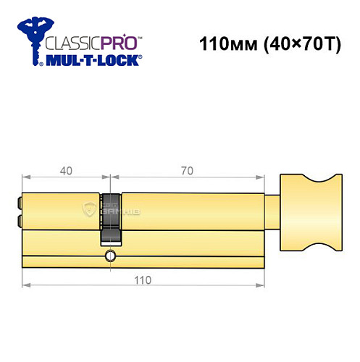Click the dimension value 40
pyautogui.click(x=65, y=172)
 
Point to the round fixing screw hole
pyautogui.click(x=110, y=255)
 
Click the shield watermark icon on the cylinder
pyautogui.click(x=91, y=210)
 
